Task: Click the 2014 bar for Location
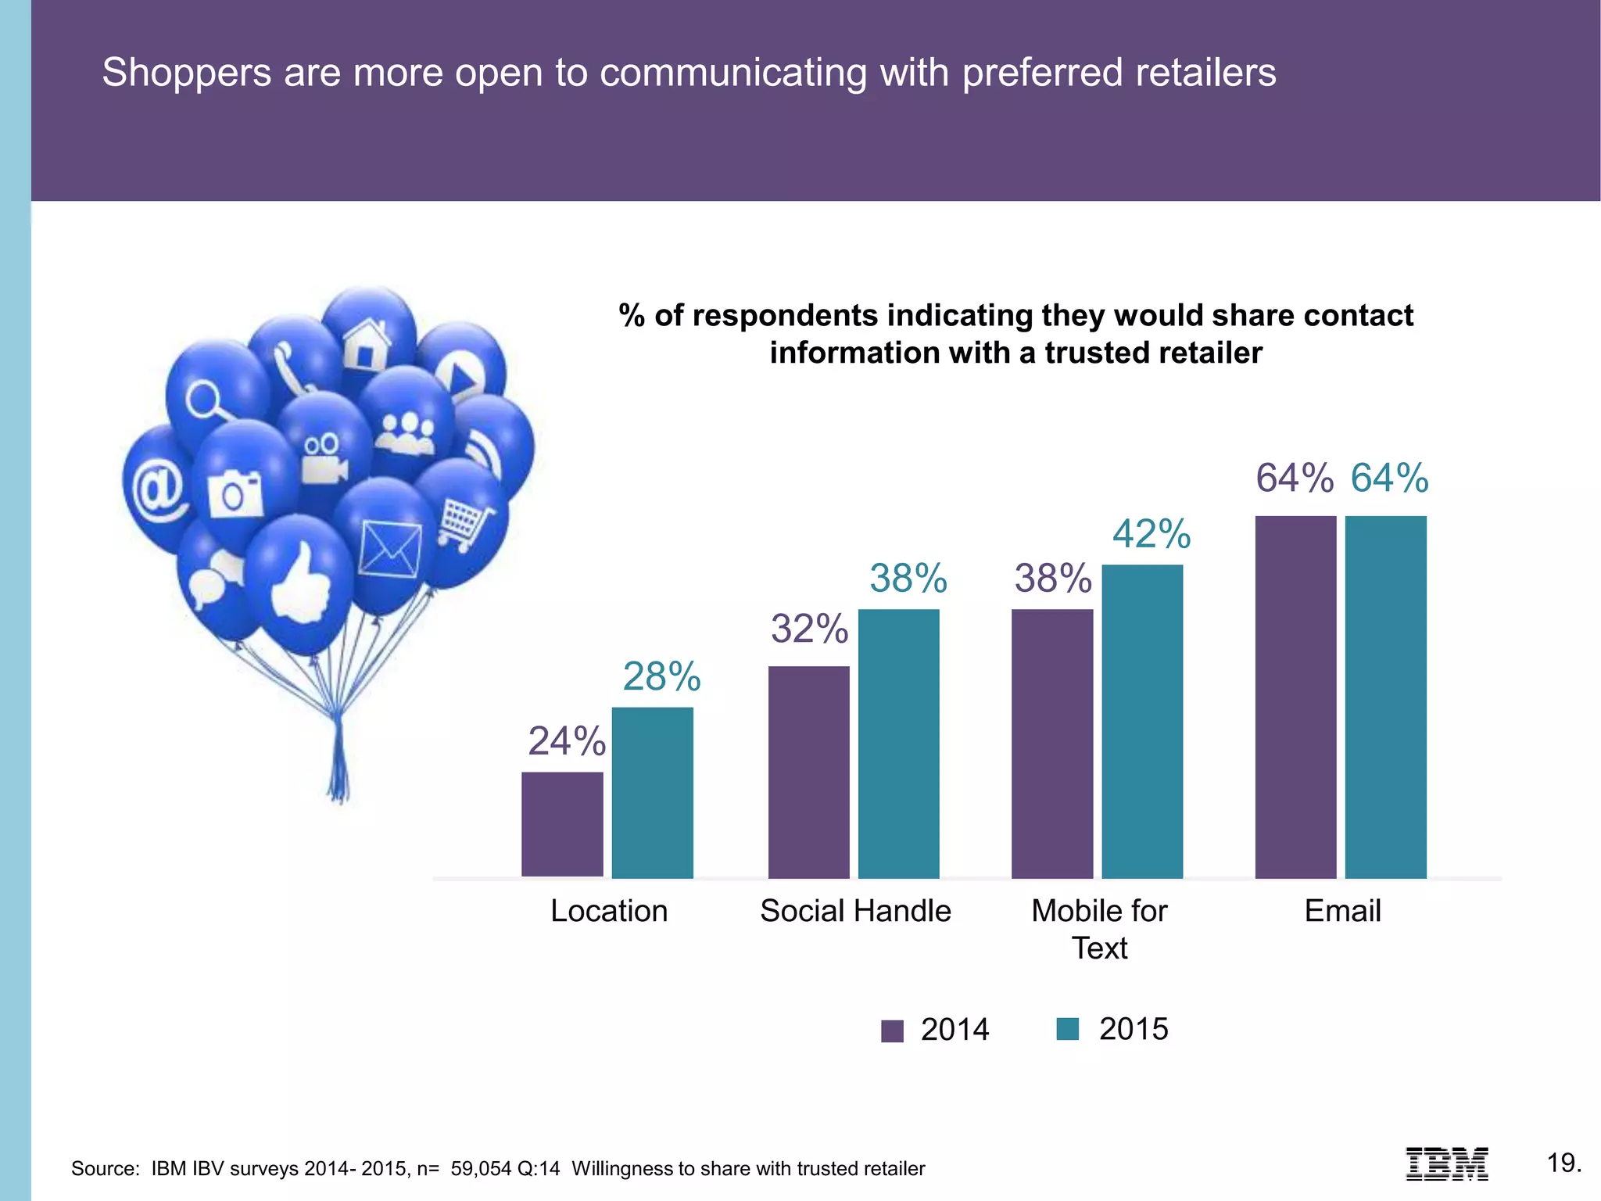(x=562, y=824)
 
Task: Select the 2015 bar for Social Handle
(x=898, y=743)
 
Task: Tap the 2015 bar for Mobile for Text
(x=1142, y=721)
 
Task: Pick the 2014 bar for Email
(x=1295, y=697)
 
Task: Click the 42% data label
(x=1152, y=534)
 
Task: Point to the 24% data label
(x=567, y=740)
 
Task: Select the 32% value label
(x=809, y=629)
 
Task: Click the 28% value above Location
(x=661, y=676)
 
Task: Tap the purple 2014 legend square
(x=892, y=1031)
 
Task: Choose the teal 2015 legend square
(x=1067, y=1029)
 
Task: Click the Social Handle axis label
(x=855, y=911)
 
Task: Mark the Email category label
(x=1342, y=911)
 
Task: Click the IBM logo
(x=1446, y=1163)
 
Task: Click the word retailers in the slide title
(x=1205, y=72)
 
